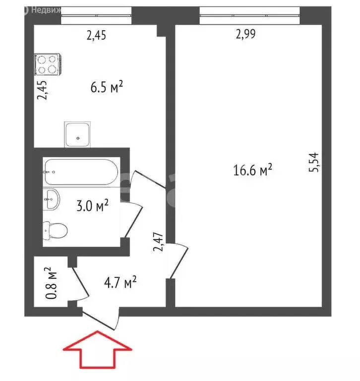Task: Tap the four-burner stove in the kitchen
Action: pos(47,64)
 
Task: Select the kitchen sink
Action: pos(78,134)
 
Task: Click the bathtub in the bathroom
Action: pos(80,172)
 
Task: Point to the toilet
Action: pos(56,230)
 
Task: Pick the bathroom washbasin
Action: pos(52,199)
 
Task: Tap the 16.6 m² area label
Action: pos(252,171)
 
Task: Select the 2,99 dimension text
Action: pos(247,34)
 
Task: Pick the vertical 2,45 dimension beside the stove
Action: pos(44,90)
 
